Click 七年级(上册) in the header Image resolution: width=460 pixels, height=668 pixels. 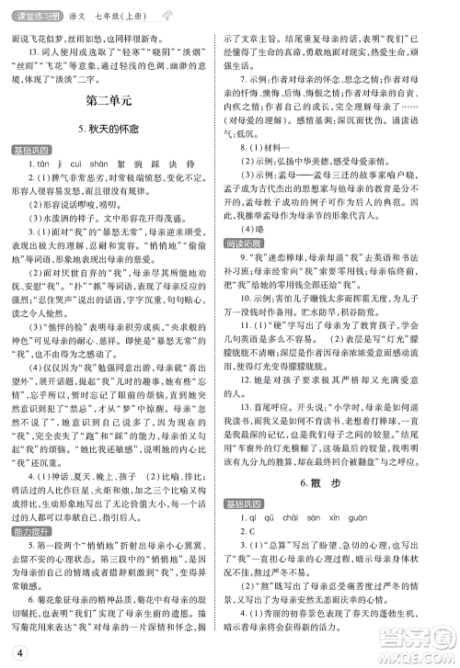120,10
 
